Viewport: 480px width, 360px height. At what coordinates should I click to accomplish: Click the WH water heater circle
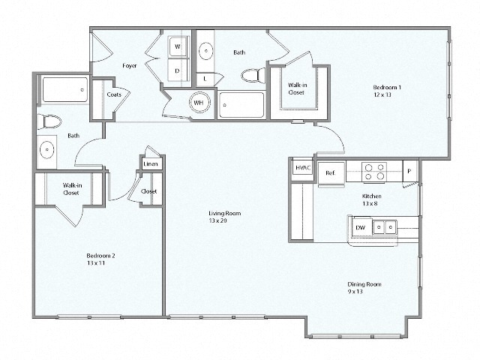click(x=199, y=103)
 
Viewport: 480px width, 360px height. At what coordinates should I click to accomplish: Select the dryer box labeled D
click(x=178, y=70)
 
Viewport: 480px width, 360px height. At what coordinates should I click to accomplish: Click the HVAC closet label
click(x=302, y=168)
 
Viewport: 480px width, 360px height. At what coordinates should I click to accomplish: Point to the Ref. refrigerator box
click(x=330, y=172)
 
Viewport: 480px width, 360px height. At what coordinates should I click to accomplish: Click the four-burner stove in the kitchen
click(x=374, y=172)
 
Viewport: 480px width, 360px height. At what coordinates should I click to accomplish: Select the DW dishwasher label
click(x=361, y=226)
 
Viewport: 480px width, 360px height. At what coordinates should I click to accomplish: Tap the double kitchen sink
click(x=386, y=226)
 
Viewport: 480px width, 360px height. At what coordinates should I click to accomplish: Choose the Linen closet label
click(x=150, y=163)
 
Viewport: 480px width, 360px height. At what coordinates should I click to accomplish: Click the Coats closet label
click(x=114, y=95)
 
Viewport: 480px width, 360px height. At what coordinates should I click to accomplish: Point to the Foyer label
click(x=129, y=66)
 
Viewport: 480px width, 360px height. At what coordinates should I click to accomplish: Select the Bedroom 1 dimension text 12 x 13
click(x=387, y=96)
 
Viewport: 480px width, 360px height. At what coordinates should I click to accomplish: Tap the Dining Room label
click(x=364, y=284)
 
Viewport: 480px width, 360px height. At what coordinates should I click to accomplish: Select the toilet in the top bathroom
click(x=253, y=75)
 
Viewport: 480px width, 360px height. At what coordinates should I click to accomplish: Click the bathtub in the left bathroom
click(x=63, y=91)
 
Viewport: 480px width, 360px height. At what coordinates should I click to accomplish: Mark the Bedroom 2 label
click(x=100, y=256)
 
